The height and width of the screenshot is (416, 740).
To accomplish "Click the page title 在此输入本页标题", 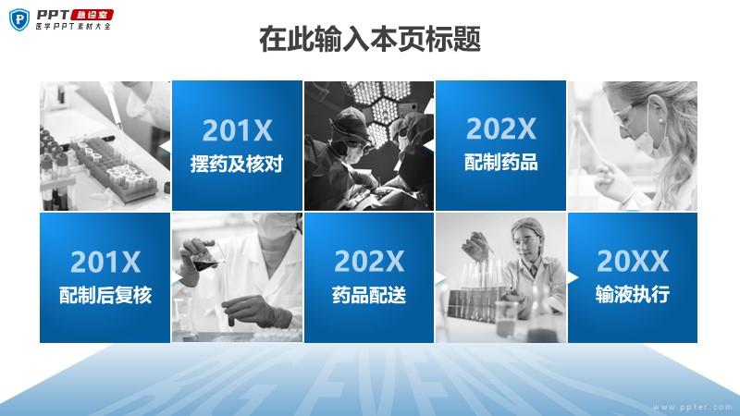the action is click(370, 39).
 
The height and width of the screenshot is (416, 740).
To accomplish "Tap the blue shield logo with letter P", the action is click(19, 19).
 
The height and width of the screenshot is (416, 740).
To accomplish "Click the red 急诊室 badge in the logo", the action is click(92, 15).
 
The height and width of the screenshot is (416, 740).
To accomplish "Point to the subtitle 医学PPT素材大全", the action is click(73, 27).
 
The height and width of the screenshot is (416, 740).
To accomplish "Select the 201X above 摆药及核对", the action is click(238, 130).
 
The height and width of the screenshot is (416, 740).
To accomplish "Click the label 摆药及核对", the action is click(237, 164).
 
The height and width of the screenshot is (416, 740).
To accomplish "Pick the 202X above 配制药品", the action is click(501, 128).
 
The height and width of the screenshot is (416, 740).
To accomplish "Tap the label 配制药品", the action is click(501, 162).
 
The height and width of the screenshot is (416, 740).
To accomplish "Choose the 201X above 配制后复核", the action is click(105, 262).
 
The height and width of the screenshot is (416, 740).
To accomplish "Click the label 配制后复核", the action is click(105, 295).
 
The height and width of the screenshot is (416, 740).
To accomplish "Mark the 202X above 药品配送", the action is click(369, 262).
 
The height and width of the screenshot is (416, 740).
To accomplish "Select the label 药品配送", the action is click(369, 295).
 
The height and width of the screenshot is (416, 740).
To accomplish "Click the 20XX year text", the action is click(633, 261).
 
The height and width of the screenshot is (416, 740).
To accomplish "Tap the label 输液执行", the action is click(633, 294).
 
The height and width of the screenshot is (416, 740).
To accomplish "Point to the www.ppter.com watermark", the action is click(693, 407).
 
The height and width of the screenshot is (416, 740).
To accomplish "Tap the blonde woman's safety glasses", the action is click(629, 113).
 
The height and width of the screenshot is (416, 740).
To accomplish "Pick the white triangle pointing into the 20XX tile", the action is click(573, 277).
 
